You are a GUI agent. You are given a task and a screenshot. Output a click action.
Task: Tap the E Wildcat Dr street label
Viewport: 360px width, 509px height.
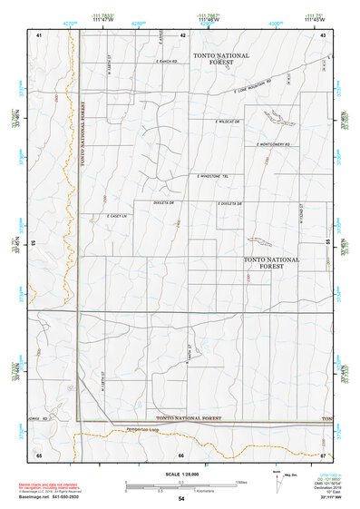[227, 121]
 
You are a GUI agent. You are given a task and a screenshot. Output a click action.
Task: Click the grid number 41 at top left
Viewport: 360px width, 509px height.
[39, 34]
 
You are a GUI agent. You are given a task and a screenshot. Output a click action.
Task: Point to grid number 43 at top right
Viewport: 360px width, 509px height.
[322, 34]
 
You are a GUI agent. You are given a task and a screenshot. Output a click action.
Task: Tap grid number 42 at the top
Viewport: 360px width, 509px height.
[182, 34]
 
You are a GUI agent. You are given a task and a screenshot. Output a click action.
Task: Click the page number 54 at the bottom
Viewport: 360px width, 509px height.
[181, 499]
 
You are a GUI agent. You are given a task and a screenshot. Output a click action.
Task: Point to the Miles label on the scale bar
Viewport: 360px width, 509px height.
[240, 482]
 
